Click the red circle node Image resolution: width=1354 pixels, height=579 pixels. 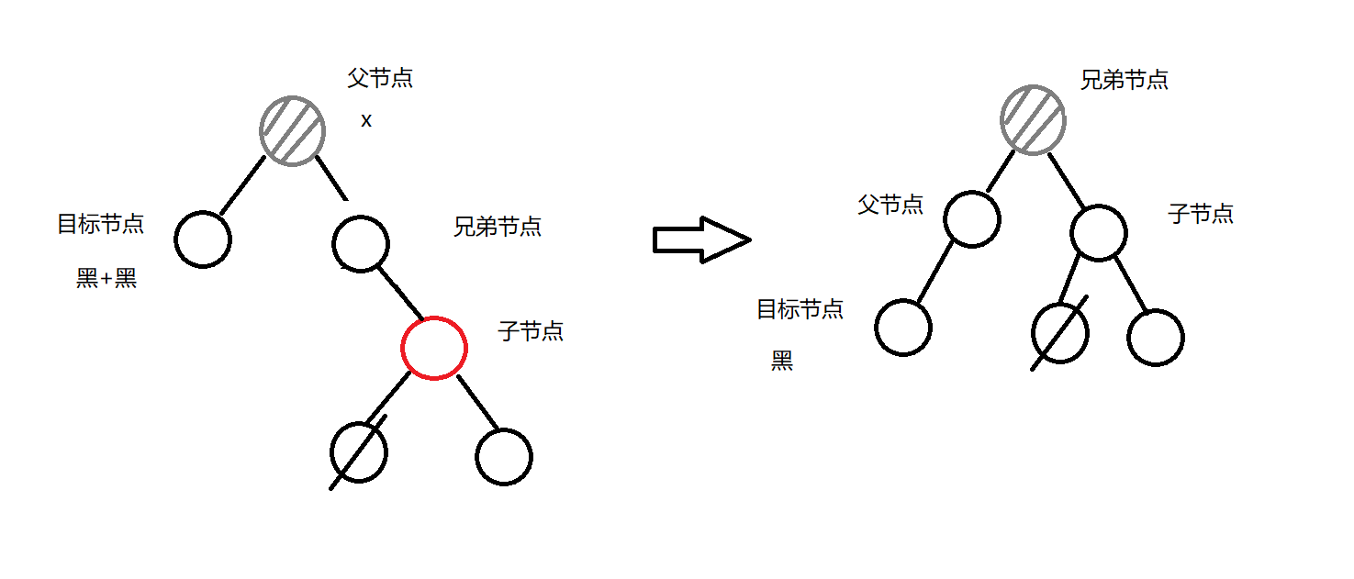(434, 347)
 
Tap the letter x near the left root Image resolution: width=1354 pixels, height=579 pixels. (366, 121)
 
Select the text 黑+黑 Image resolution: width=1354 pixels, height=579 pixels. (106, 279)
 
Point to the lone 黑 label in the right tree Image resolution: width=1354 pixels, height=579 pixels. (782, 362)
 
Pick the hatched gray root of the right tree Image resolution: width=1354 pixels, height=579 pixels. (1033, 119)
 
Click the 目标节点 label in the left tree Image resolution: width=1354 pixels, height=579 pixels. (100, 224)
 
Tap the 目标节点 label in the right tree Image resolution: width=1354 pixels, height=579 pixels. (800, 309)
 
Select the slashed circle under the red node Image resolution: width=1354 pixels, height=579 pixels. (359, 452)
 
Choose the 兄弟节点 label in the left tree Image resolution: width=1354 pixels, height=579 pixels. (497, 227)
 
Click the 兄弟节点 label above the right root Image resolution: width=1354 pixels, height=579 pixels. (1124, 80)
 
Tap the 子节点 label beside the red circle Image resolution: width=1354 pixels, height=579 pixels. (531, 331)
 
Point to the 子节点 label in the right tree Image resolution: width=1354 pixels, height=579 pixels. (1201, 214)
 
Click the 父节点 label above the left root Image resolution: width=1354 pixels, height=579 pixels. (380, 78)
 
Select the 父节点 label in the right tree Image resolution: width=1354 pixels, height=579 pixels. (890, 204)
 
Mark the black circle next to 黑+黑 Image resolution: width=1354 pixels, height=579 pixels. (203, 239)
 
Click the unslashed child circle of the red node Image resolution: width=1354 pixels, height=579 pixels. (504, 456)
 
